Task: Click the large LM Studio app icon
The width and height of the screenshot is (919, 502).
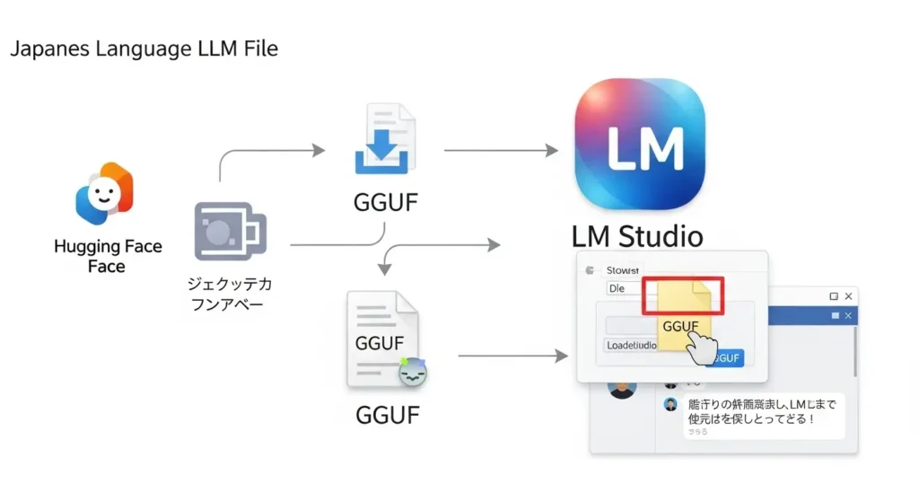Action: [x=639, y=144]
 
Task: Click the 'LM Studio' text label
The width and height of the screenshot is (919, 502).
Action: [x=637, y=236]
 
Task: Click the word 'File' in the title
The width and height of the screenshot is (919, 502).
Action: [x=257, y=48]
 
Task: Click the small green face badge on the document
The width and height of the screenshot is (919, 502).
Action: [x=413, y=372]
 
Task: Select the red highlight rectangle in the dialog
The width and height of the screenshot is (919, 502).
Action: [x=682, y=295]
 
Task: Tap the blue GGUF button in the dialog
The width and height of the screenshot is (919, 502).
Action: [x=727, y=357]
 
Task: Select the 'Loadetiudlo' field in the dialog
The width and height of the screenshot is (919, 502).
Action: [x=632, y=345]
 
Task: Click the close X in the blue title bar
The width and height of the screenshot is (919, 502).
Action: [x=848, y=315]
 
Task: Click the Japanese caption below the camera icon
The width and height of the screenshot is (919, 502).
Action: [x=230, y=294]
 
